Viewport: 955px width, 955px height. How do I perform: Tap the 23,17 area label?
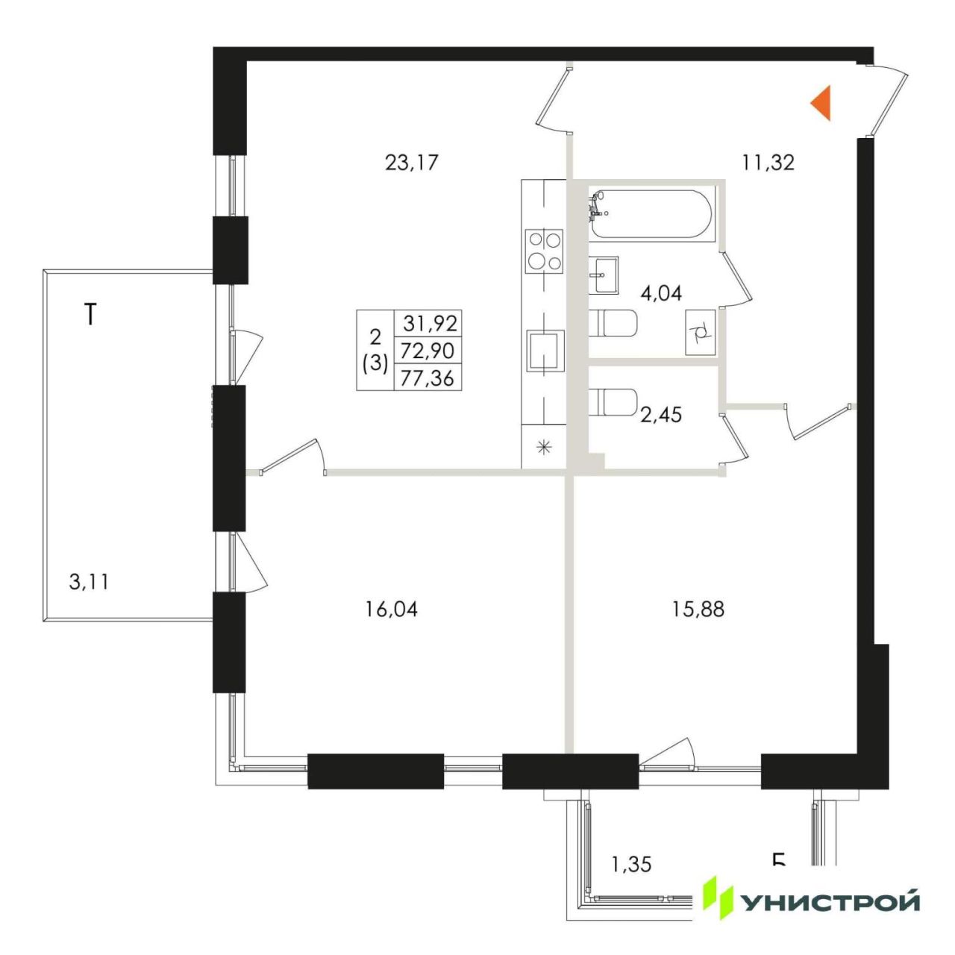coord(412,163)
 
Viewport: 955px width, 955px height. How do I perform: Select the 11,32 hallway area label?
coord(768,163)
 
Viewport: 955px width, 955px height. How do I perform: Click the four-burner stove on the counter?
coord(545,251)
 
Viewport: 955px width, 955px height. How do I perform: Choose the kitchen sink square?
coord(545,351)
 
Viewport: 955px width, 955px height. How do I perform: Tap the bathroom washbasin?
coord(604,275)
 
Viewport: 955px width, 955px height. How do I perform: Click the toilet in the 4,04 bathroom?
coord(613,322)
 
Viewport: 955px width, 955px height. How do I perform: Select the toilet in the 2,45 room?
coord(613,402)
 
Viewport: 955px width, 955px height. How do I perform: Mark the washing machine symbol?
coord(701,331)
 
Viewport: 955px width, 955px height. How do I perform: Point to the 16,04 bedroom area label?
coord(391,609)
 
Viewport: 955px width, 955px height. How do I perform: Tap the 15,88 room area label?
coord(698,609)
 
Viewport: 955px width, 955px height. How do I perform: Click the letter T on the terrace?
coord(90,314)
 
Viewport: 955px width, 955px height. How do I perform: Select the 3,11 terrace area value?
coord(89,582)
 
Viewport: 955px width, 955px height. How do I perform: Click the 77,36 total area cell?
coord(429,378)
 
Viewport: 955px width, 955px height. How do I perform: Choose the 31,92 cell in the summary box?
coord(429,323)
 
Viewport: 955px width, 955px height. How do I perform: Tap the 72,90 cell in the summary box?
coord(429,351)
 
